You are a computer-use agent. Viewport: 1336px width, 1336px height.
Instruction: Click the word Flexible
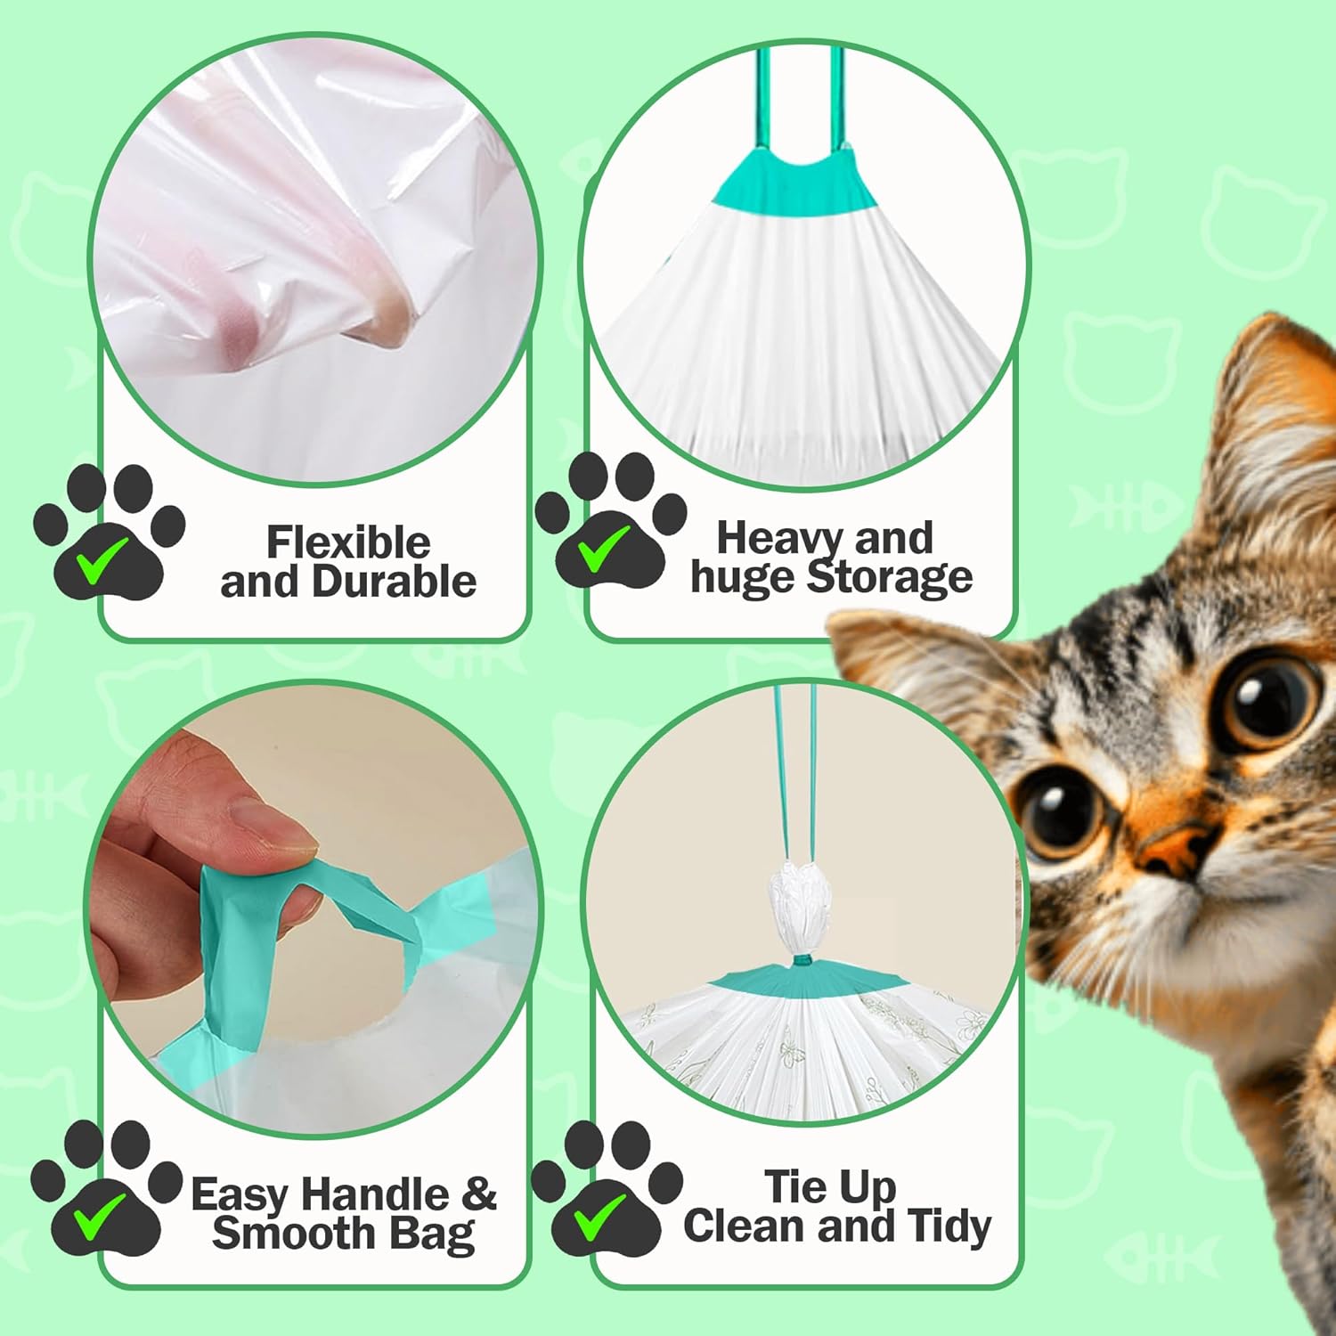click(x=347, y=542)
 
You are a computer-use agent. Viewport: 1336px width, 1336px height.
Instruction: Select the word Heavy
click(x=771, y=538)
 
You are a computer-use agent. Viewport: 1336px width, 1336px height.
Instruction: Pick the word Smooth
click(x=281, y=1234)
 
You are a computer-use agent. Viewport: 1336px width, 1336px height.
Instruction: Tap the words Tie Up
click(x=829, y=1186)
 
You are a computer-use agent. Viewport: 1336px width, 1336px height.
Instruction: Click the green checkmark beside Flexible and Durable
click(x=98, y=566)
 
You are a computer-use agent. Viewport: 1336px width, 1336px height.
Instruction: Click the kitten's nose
click(x=1171, y=847)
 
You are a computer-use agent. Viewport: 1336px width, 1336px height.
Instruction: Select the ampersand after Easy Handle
click(x=478, y=1193)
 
